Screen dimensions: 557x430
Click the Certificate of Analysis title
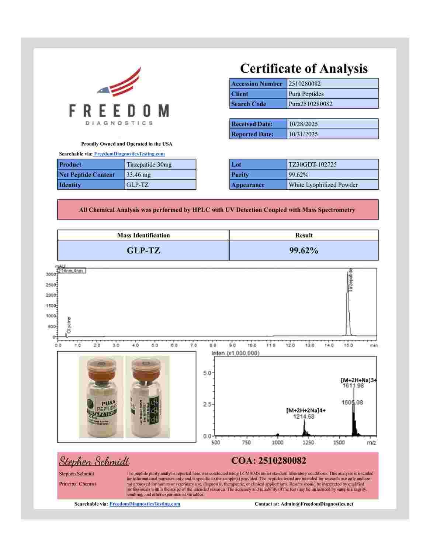click(304, 69)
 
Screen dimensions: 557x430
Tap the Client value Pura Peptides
click(306, 94)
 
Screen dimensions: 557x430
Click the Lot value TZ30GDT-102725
click(313, 165)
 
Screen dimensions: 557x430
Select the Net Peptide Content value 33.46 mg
click(138, 175)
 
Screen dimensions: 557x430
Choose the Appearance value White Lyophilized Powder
click(323, 185)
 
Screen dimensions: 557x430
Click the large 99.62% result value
click(304, 250)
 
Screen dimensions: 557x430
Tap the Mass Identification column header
click(143, 235)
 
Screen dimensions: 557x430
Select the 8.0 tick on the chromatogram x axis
click(213, 346)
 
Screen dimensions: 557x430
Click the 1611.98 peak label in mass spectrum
click(353, 385)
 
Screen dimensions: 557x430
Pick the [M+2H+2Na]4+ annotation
click(306, 410)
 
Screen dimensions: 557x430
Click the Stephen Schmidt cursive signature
click(94, 461)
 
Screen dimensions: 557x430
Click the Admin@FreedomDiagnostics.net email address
click(317, 504)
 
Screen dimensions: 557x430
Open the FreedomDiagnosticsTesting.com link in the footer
click(145, 504)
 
